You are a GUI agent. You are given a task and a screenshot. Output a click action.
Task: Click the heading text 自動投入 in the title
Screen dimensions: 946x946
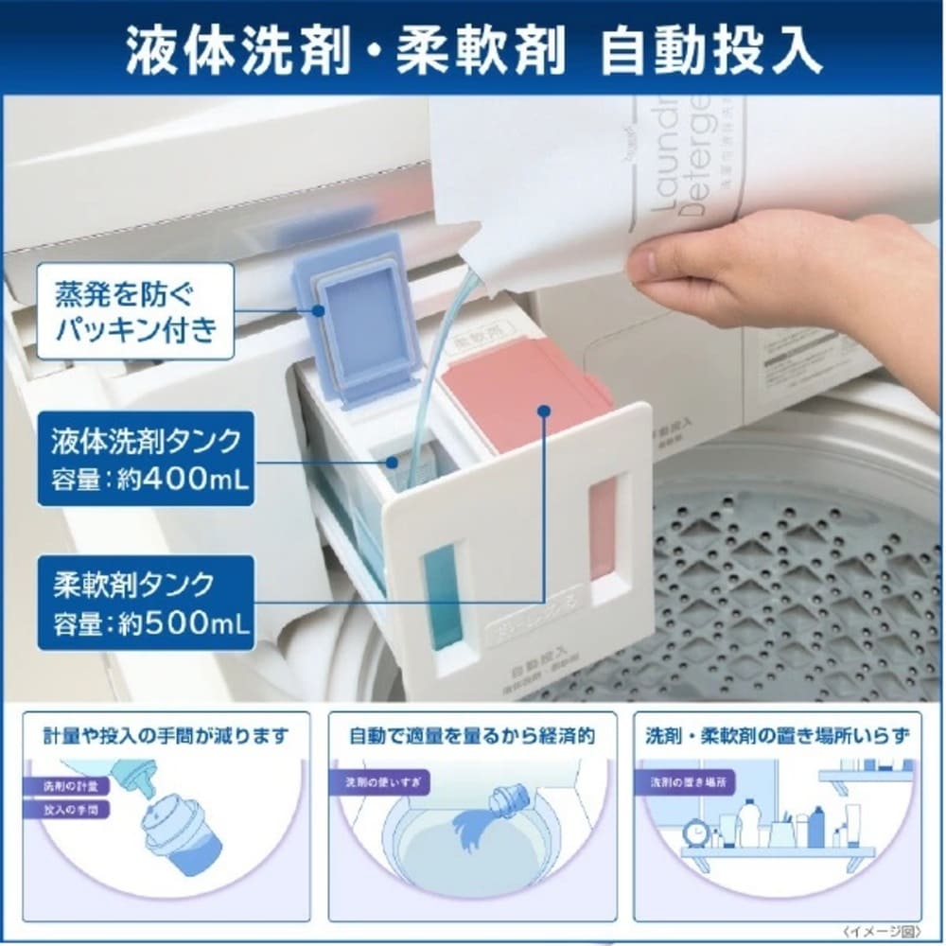[710, 49]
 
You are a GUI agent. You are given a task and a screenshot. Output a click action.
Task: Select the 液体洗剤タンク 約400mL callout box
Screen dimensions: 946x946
[147, 458]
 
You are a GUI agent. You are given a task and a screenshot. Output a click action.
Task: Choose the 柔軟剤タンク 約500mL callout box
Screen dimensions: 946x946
[147, 603]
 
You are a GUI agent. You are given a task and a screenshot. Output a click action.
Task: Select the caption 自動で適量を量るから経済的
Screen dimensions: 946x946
[472, 735]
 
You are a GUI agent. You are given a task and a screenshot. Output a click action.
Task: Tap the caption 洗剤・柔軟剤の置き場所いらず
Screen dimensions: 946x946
[780, 735]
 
